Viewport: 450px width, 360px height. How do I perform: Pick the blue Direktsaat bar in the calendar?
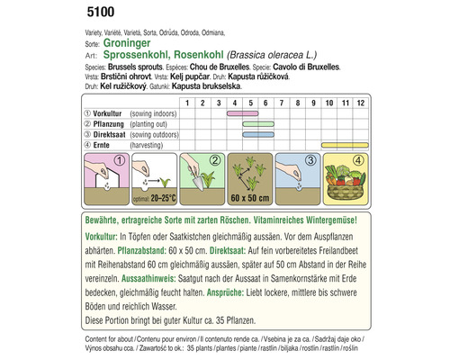tap(259, 134)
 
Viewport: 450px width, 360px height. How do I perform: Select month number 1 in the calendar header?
tap(186, 103)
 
